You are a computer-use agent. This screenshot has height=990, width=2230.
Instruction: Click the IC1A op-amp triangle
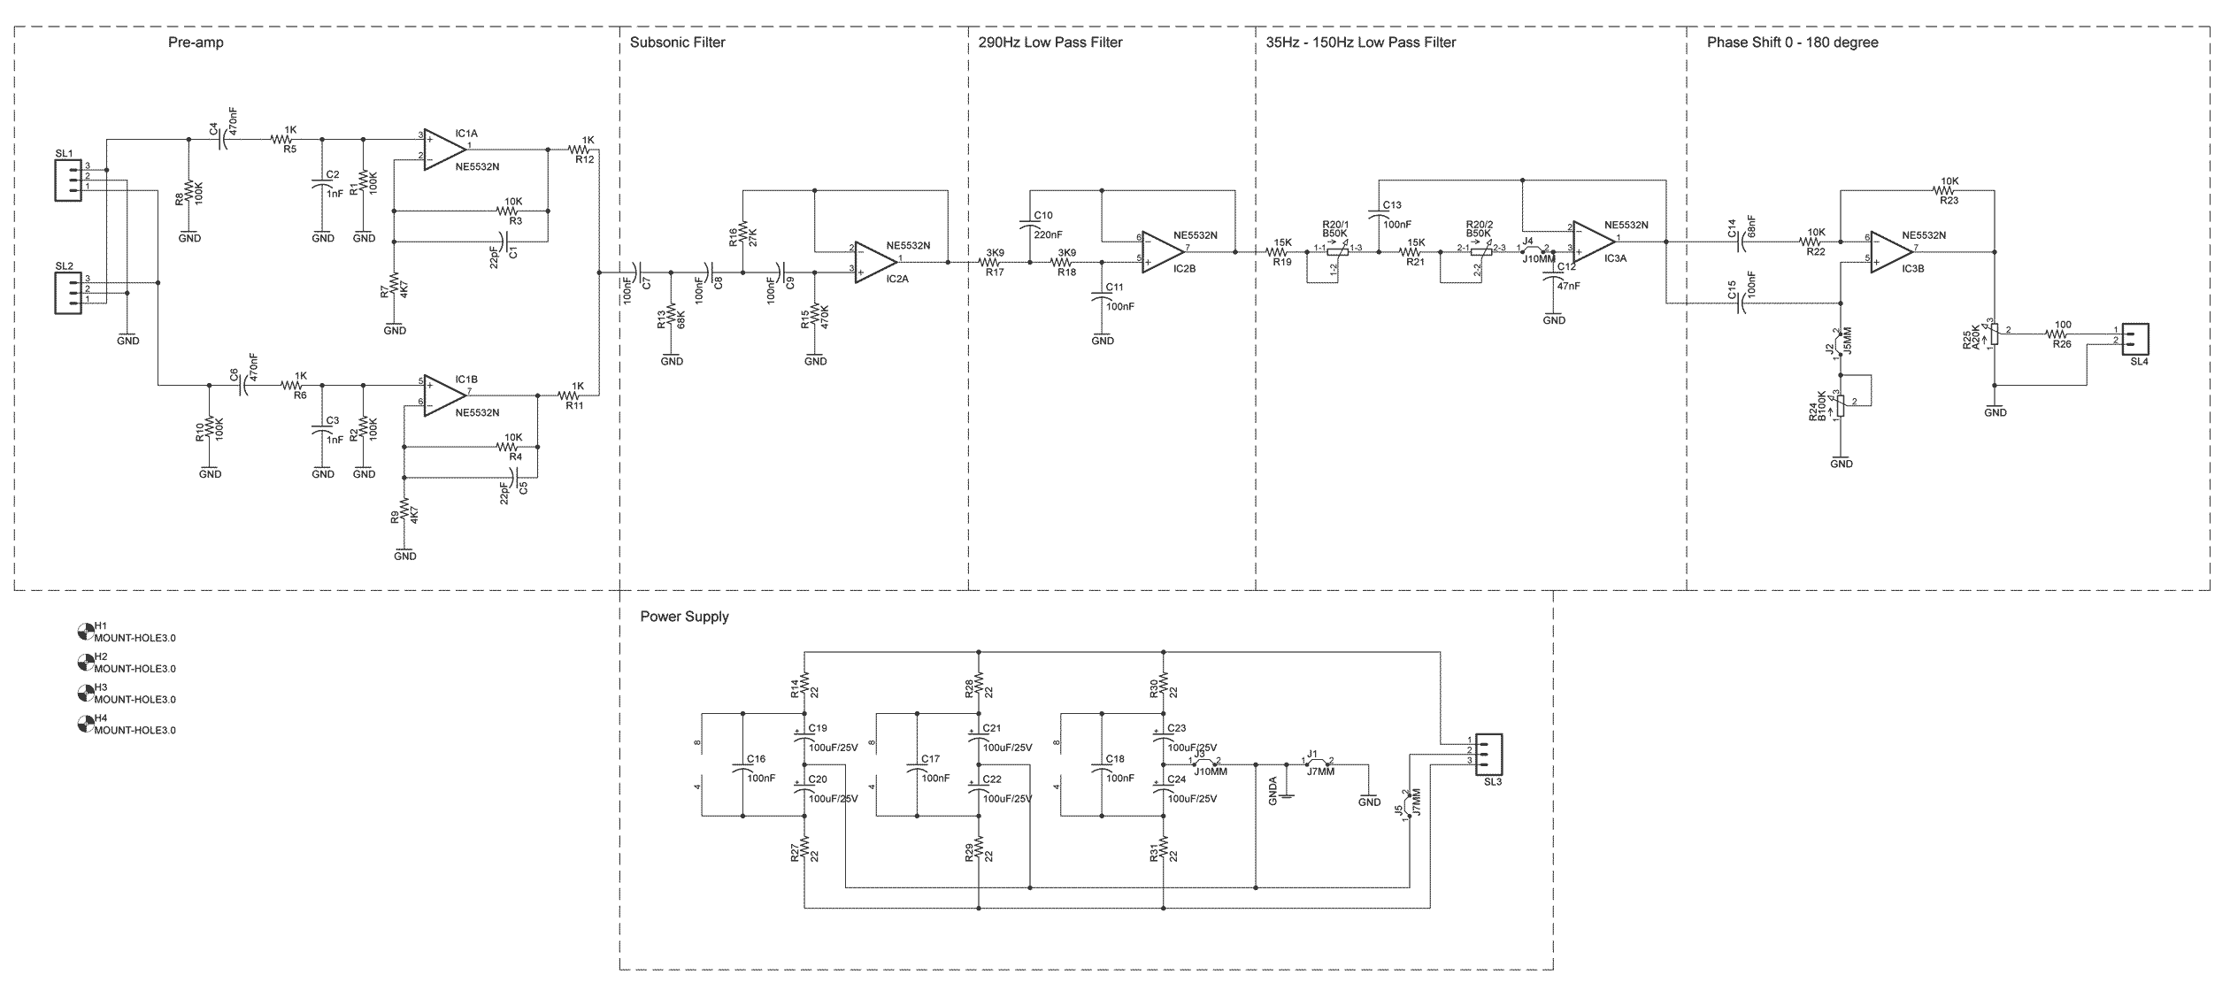[437, 149]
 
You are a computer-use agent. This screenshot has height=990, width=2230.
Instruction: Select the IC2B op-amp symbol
[1157, 251]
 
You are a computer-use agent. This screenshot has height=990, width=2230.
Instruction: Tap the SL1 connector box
[68, 180]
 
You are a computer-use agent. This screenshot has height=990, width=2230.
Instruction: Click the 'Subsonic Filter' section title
[677, 42]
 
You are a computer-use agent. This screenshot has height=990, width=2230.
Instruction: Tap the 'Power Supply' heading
[684, 617]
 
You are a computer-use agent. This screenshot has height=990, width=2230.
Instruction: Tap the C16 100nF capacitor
[742, 768]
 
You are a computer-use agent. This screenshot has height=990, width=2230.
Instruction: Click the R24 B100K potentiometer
[1841, 404]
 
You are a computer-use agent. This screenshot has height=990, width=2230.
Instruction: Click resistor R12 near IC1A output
[585, 150]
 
